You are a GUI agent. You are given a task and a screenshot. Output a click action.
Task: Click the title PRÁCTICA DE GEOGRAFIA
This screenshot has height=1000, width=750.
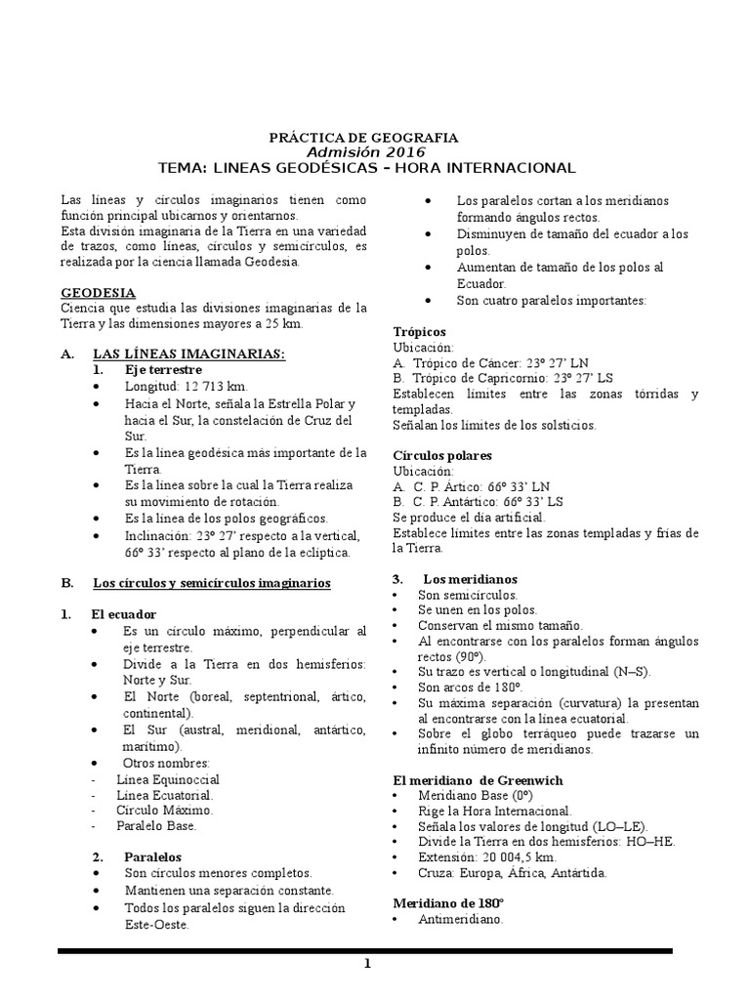[363, 138]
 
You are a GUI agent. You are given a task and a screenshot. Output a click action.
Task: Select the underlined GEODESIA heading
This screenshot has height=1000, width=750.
[99, 293]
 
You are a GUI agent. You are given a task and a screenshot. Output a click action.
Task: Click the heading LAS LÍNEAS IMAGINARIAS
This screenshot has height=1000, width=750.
[188, 354]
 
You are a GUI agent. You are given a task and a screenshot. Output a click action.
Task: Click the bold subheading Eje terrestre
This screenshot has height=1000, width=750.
[162, 370]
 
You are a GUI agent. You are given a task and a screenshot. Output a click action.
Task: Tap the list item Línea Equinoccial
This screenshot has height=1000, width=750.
[168, 779]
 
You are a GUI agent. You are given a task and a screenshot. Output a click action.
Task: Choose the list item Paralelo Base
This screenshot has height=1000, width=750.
[156, 825]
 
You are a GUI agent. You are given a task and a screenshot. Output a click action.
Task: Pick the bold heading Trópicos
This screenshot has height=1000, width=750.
[420, 332]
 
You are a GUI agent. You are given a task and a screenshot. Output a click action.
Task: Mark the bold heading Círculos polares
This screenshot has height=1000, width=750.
[442, 455]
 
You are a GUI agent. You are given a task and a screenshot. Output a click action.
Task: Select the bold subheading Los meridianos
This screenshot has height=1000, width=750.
[477, 578]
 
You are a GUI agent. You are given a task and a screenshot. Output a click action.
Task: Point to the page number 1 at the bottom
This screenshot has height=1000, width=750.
[367, 966]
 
